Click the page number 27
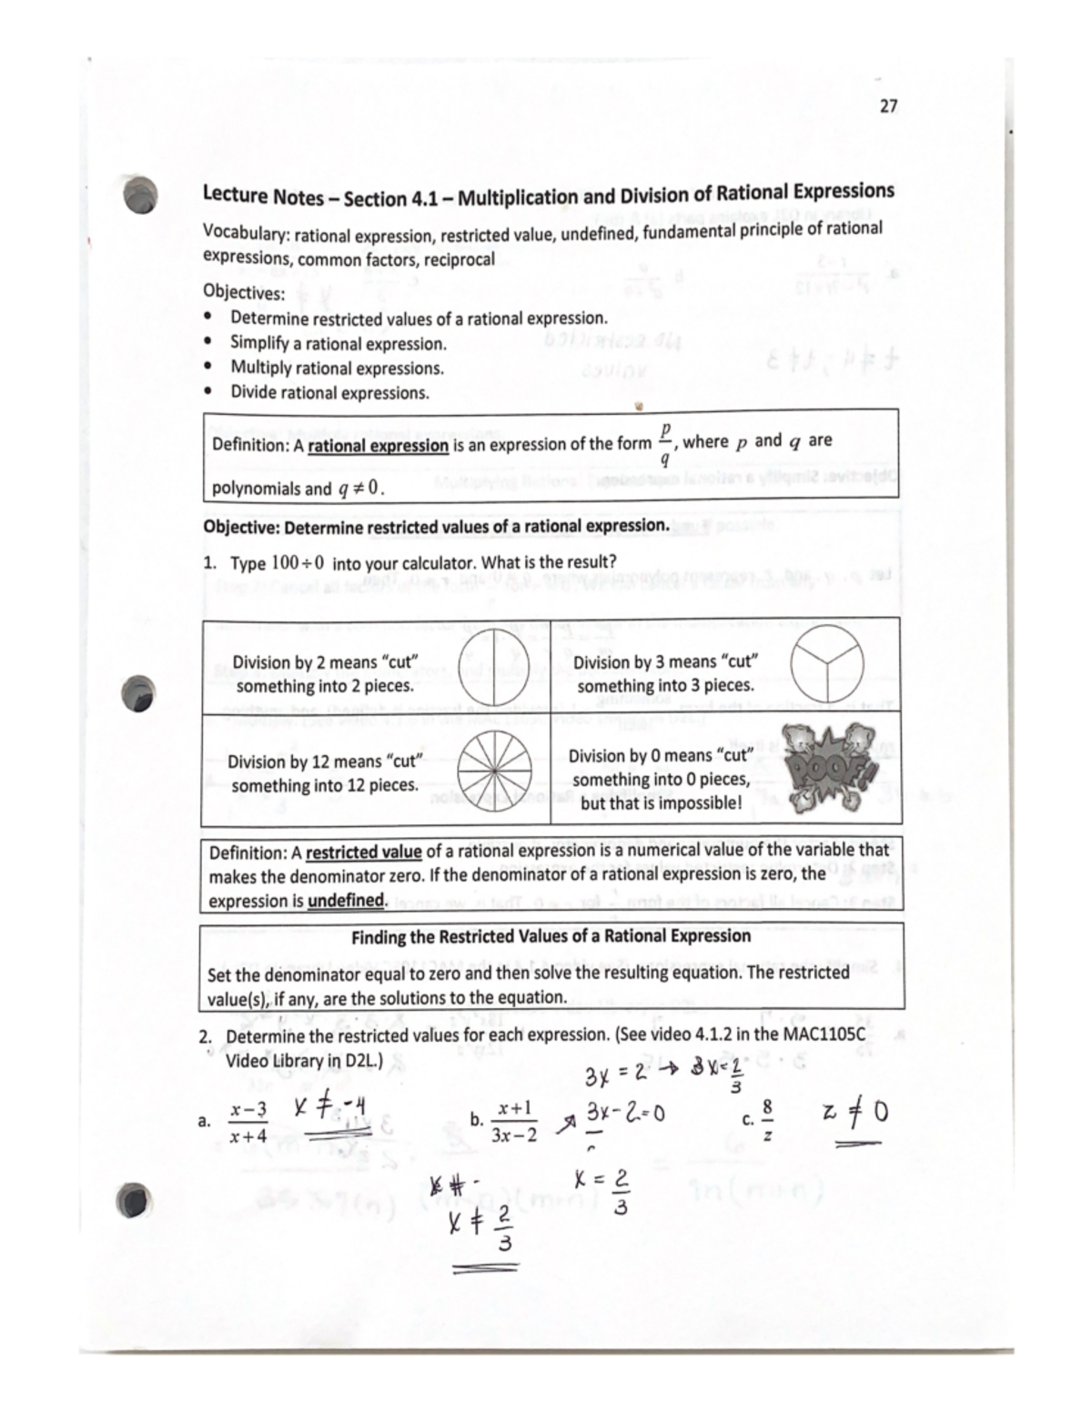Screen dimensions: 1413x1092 tap(888, 106)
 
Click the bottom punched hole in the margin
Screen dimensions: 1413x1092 tap(135, 1199)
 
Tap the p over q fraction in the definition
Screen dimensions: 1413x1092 tap(665, 443)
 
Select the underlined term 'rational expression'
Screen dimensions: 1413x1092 tap(378, 446)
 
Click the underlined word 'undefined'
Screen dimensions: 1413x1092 tap(347, 901)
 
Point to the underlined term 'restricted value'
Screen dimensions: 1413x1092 tap(363, 853)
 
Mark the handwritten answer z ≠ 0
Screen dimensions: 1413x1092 tap(854, 1113)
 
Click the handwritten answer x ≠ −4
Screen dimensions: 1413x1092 tap(330, 1108)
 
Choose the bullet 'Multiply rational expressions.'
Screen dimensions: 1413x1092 tap(337, 368)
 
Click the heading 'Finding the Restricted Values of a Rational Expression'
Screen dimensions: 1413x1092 tap(551, 936)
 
